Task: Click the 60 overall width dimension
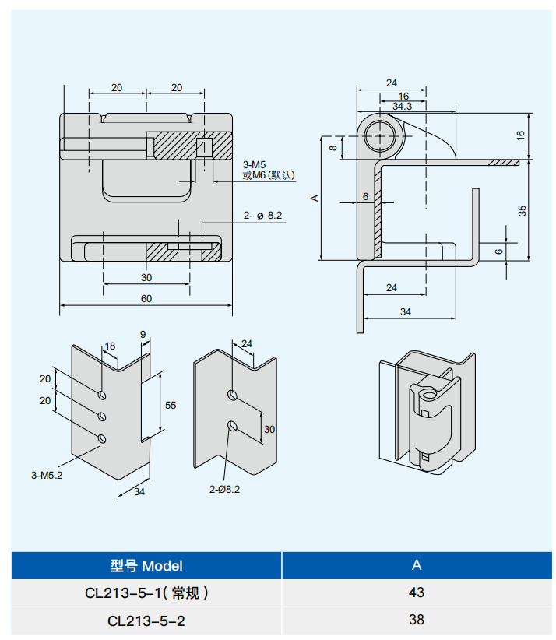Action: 146,298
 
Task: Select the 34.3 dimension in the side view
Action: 402,106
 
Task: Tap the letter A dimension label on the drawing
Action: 315,198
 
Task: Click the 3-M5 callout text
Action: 255,164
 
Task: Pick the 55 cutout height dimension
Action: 171,405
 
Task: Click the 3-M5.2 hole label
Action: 47,475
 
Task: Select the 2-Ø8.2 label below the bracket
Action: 224,489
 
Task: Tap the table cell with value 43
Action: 417,593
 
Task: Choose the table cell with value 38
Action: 417,621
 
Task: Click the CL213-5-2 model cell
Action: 146,621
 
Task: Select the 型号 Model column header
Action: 146,566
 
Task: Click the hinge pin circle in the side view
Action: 382,134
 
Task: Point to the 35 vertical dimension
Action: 523,209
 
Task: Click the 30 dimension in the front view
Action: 146,277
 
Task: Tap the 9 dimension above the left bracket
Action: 143,335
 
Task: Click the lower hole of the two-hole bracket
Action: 232,425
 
